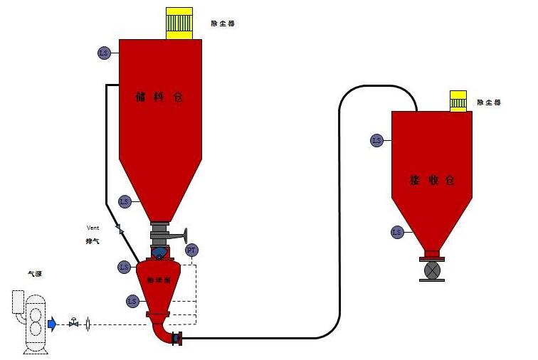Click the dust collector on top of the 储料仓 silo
point(179,23)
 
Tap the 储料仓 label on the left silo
point(159,97)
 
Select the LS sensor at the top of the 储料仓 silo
point(105,53)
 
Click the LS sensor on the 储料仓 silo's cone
point(125,202)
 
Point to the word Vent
point(93,228)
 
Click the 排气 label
point(93,242)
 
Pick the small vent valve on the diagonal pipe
point(119,230)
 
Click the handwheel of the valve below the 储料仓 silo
point(186,234)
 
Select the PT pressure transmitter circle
point(191,250)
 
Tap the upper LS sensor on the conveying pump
point(124,267)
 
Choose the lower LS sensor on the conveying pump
point(132,301)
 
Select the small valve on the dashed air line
point(73,324)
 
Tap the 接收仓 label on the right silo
point(431,180)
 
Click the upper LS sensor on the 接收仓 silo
point(376,140)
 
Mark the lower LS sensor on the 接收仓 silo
point(397,232)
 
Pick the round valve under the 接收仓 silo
point(432,270)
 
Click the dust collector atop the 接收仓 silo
point(458,101)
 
